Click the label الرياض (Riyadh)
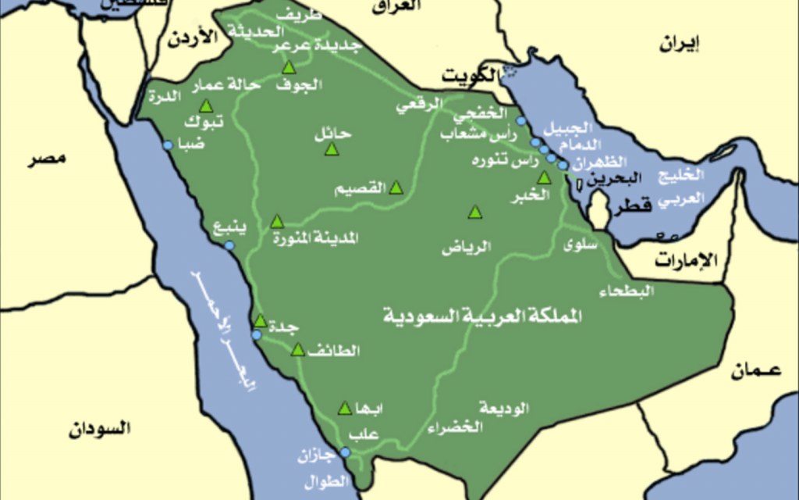[x=467, y=248]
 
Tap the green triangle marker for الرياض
[x=475, y=212]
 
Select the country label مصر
[x=47, y=159]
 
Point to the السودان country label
[x=99, y=428]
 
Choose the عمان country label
[x=756, y=372]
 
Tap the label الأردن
[x=191, y=39]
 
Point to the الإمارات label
[x=685, y=261]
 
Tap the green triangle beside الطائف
[x=297, y=350]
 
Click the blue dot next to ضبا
[x=167, y=145]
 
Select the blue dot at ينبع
[x=229, y=245]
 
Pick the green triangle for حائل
[x=331, y=148]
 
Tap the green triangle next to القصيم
[x=396, y=187]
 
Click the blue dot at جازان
[x=344, y=451]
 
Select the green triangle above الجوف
[x=289, y=67]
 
